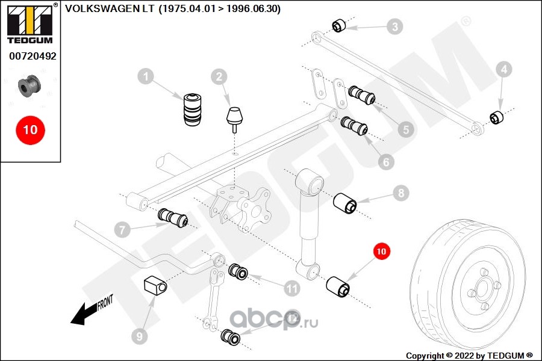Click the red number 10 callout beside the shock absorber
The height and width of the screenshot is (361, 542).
381,251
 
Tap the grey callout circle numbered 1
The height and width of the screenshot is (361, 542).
146,76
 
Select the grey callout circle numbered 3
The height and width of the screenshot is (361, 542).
394,26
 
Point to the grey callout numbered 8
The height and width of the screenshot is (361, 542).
401,193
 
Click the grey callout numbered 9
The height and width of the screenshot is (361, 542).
140,336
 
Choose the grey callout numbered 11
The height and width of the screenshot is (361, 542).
291,288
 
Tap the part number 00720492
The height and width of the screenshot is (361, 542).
33,56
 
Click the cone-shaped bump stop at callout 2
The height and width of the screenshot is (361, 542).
234,119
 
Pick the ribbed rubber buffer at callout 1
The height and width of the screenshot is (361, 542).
192,109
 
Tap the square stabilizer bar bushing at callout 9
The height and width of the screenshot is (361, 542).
155,285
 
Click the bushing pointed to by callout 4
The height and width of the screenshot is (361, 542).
497,117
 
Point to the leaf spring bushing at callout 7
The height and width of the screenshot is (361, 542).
172,218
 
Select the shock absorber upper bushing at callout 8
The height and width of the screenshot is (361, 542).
345,203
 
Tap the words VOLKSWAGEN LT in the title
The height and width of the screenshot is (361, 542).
110,8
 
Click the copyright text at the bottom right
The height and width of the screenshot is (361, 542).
469,356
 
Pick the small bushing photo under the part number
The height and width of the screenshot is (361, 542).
30,85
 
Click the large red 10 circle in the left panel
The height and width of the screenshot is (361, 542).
31,130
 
